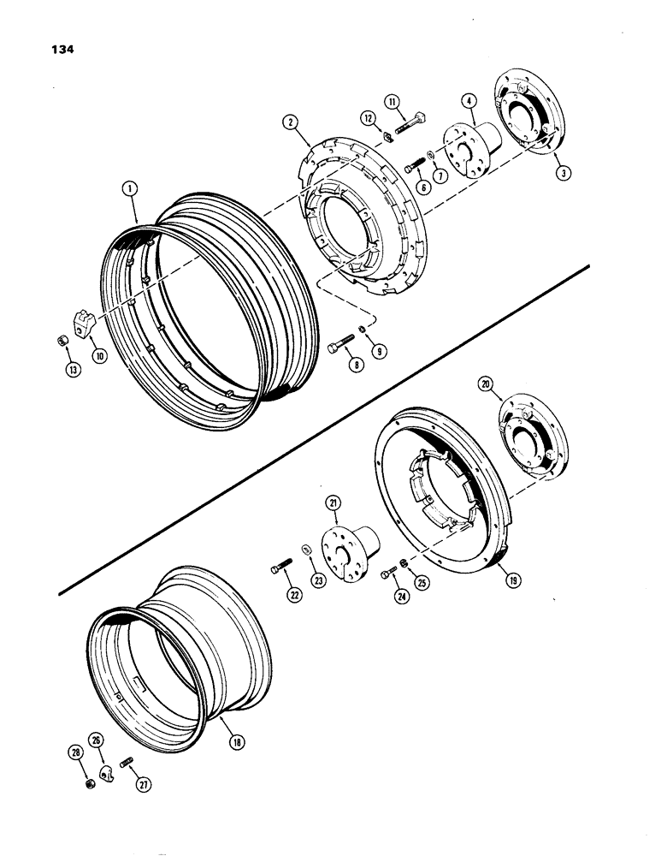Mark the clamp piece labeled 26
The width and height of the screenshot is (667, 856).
(x=104, y=774)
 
